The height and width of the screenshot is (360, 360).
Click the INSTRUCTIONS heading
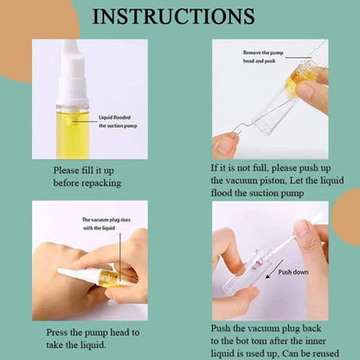(x=173, y=16)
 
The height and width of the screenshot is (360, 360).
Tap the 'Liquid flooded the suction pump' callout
(x=118, y=121)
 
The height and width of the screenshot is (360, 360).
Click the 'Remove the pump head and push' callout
(x=263, y=57)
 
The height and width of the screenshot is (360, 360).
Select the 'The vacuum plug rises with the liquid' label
(x=106, y=224)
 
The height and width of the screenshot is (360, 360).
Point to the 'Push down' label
(x=293, y=272)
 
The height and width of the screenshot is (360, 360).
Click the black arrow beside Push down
(x=274, y=269)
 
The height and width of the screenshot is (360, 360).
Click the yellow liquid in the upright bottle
(x=73, y=136)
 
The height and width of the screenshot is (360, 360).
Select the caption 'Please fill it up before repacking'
(x=87, y=177)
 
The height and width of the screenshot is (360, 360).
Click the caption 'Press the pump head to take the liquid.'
(x=93, y=338)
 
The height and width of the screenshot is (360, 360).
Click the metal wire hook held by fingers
(x=245, y=126)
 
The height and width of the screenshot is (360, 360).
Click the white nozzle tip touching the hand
(x=63, y=272)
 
